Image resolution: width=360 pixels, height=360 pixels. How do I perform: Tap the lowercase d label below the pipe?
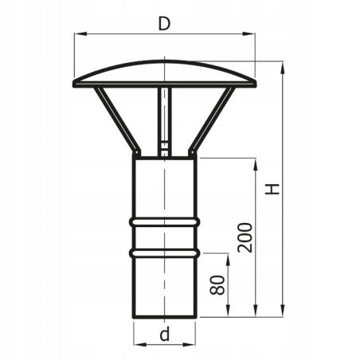(x=164, y=335)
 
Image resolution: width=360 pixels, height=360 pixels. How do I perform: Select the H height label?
(x=272, y=190)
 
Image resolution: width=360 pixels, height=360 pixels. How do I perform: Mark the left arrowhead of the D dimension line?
(x=76, y=34)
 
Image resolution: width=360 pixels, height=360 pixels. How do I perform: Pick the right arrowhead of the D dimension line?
(x=253, y=34)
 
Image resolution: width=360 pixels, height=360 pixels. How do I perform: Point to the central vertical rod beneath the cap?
(x=164, y=119)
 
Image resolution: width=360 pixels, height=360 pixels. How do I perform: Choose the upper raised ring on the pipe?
(x=164, y=220)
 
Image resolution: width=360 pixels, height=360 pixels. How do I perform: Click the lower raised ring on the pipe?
(x=164, y=252)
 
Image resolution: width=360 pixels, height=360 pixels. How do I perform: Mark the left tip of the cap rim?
(x=74, y=82)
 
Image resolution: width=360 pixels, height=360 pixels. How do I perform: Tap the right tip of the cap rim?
(x=256, y=82)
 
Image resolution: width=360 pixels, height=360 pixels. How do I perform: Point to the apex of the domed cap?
(x=165, y=60)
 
